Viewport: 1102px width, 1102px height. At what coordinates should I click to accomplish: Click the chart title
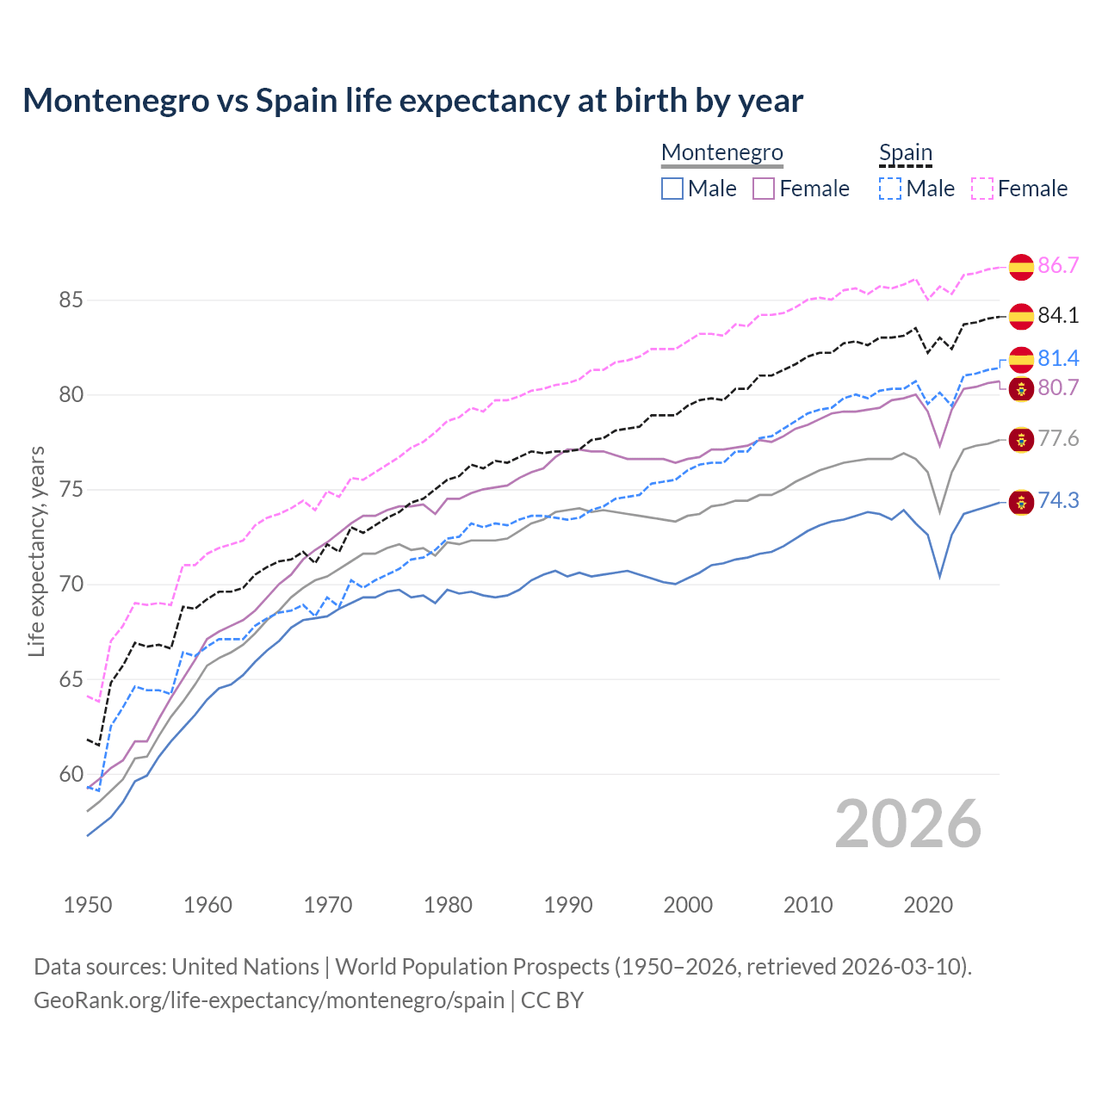point(412,101)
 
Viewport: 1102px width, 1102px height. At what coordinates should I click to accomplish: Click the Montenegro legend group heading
point(721,152)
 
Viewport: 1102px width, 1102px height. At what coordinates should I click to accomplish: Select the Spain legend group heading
point(905,152)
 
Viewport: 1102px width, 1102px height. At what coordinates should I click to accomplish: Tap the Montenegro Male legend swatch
point(672,189)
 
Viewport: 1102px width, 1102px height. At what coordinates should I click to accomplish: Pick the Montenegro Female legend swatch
point(764,189)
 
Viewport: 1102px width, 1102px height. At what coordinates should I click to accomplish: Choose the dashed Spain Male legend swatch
point(890,189)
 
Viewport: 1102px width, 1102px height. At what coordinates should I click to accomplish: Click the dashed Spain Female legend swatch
point(981,189)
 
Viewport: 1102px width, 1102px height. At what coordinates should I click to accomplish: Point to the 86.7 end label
point(1058,265)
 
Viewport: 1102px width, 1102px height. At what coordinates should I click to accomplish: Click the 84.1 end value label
point(1058,316)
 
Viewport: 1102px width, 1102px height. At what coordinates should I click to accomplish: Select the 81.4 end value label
point(1058,358)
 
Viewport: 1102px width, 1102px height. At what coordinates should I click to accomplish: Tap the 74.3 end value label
point(1058,501)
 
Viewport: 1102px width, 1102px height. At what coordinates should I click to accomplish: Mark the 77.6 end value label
point(1058,439)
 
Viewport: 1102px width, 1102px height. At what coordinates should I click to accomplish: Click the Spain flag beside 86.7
point(1021,267)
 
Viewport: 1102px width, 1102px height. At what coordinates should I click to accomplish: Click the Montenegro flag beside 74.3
point(1021,502)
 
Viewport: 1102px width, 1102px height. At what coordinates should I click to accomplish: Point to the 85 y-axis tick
point(71,300)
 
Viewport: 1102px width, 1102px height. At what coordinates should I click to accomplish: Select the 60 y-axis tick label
point(71,775)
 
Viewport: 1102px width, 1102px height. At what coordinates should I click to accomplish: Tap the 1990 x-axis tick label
point(568,905)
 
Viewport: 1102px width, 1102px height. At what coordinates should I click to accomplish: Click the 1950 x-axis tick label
point(88,905)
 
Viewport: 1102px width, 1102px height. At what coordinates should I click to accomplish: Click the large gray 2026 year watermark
point(908,824)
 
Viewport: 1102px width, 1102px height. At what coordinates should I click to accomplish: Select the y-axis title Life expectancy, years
point(36,551)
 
